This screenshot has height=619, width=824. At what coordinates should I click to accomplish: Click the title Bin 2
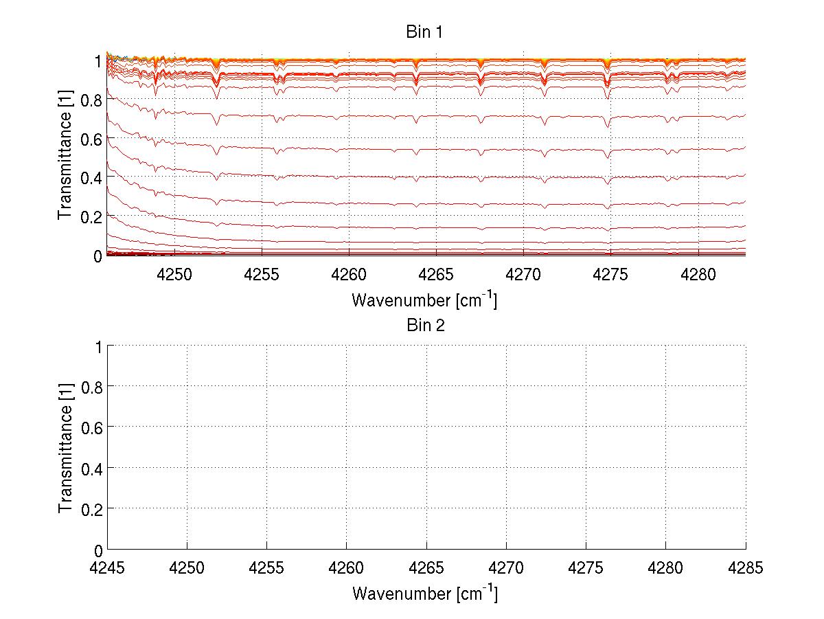click(426, 325)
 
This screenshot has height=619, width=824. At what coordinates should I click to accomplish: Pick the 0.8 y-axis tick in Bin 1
click(91, 100)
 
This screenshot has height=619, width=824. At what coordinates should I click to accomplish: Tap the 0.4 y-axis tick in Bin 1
click(91, 177)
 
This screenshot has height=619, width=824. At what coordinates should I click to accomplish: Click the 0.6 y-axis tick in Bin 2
click(91, 427)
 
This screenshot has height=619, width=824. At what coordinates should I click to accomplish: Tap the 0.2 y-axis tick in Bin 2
click(91, 509)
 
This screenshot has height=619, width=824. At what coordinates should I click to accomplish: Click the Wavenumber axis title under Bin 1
click(424, 300)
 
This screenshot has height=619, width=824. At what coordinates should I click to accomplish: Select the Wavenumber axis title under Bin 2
click(424, 593)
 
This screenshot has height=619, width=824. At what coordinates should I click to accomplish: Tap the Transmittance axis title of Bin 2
click(65, 449)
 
